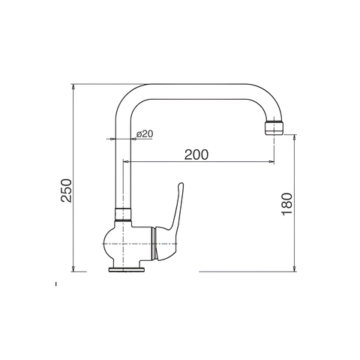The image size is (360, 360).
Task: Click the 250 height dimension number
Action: click(67, 190)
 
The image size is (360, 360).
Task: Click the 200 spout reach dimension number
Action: click(196, 154)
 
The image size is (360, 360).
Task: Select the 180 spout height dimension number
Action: click(287, 204)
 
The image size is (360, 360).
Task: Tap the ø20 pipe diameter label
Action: click(145, 134)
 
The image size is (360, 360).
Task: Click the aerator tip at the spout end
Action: click(274, 128)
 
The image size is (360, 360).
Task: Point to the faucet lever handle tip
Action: click(181, 184)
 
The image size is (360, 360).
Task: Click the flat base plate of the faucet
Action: click(127, 269)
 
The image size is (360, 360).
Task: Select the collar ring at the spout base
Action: click(123, 214)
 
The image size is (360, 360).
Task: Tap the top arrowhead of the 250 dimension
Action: click(73, 86)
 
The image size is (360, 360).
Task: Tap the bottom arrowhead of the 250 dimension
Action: click(73, 268)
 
